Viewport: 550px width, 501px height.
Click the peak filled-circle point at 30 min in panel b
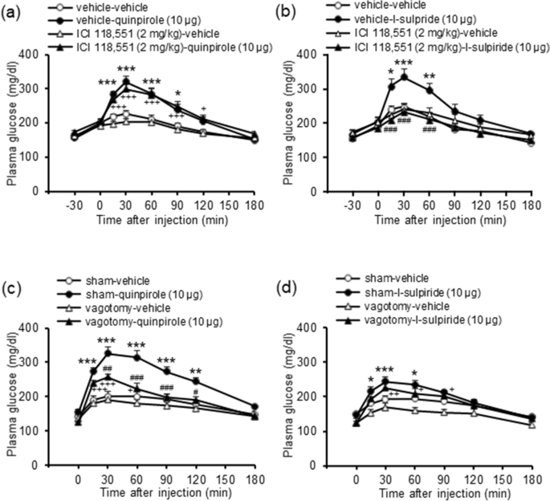point(404,76)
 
